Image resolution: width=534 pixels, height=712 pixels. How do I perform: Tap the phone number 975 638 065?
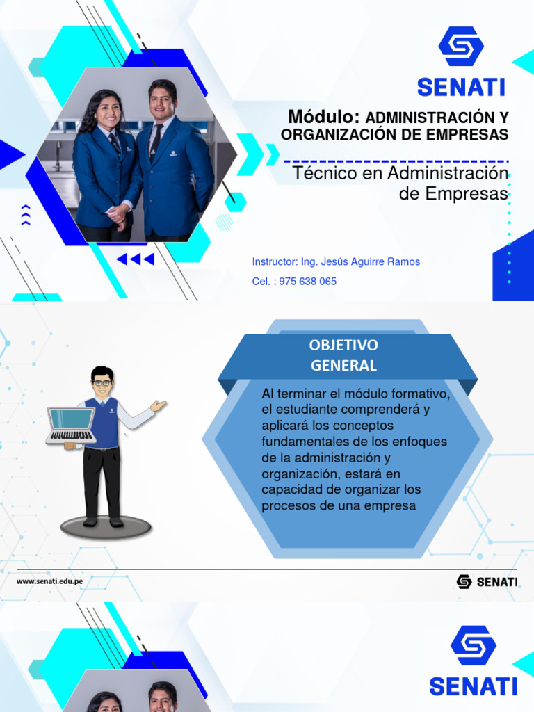point(307,282)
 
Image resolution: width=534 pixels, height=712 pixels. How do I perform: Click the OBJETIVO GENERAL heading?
point(344,355)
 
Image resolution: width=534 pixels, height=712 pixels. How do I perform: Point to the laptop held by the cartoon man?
point(70,426)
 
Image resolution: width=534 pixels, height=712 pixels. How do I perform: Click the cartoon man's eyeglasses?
point(102,382)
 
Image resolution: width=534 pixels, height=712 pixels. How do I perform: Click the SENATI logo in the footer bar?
point(487,581)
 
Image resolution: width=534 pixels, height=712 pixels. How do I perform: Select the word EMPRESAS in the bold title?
point(471,134)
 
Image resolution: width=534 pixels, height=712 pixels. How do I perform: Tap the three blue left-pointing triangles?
point(135,259)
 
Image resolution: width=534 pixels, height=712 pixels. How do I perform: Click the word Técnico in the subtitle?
point(320,172)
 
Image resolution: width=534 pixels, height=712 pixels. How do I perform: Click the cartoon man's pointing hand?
point(159,405)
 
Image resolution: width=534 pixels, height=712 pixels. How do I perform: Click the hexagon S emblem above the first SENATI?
point(460,47)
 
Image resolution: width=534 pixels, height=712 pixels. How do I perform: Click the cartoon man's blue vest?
point(105,421)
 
